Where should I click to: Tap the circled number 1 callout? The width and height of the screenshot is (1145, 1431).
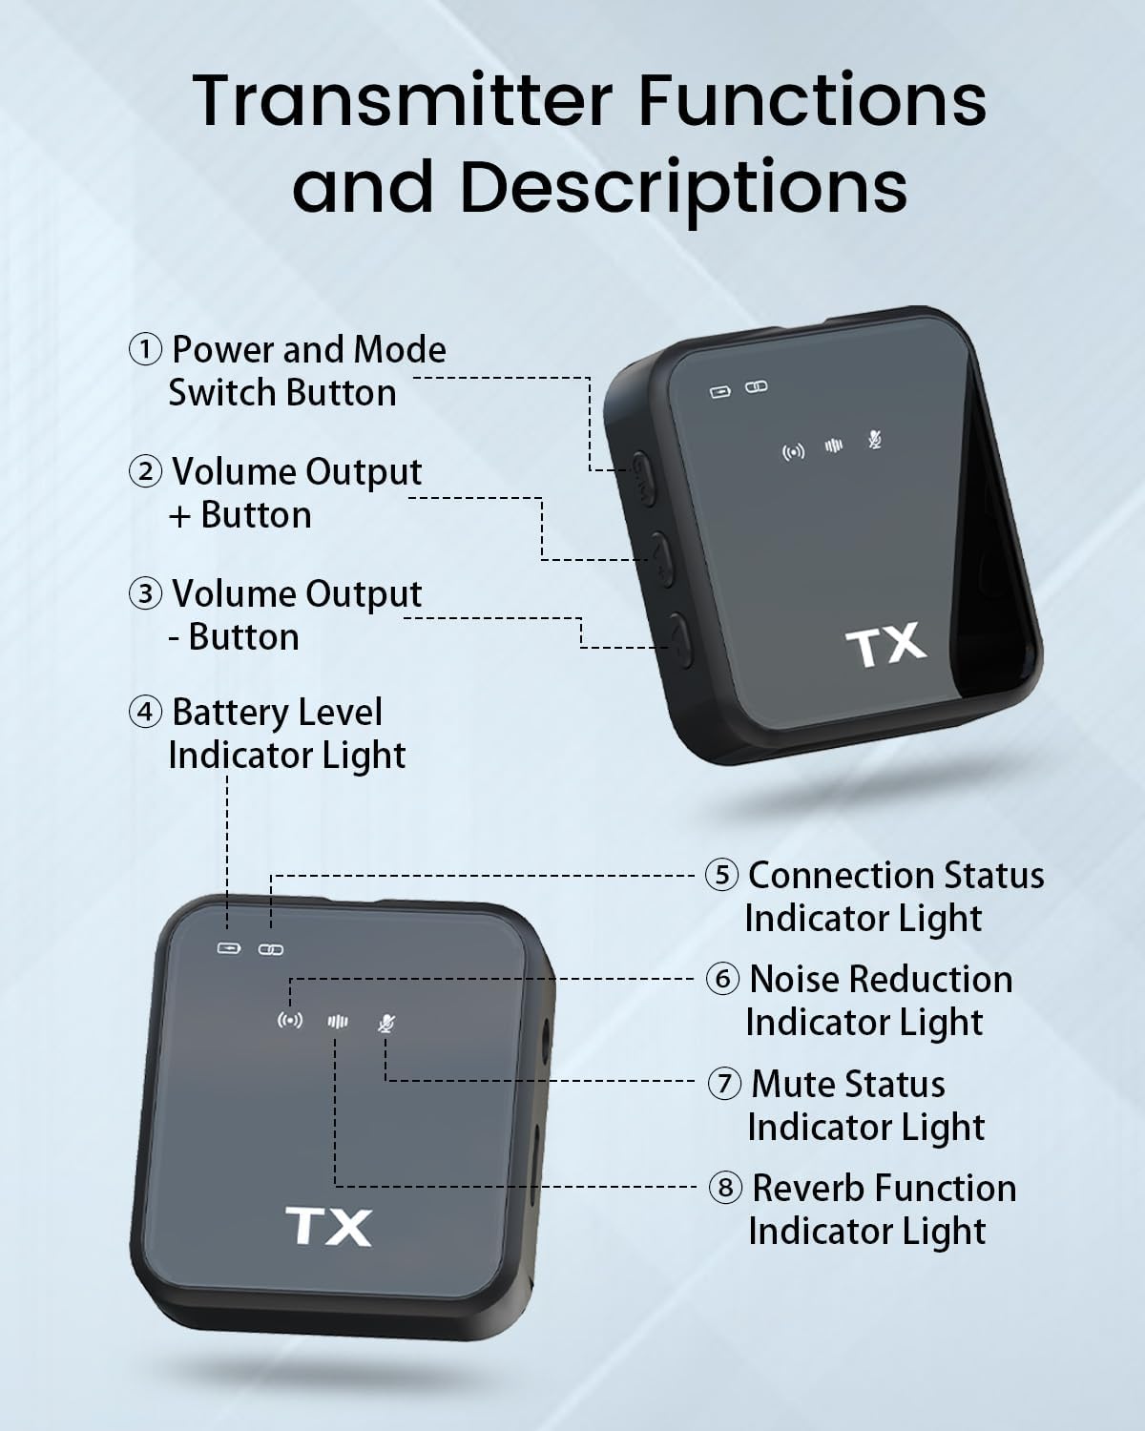[145, 349]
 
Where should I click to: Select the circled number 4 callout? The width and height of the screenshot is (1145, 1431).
[145, 712]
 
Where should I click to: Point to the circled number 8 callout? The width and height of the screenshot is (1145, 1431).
[725, 1188]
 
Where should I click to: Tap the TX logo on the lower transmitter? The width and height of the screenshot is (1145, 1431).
[328, 1227]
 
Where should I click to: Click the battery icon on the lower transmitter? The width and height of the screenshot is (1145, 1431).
[229, 948]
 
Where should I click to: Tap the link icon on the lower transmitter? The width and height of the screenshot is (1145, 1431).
[271, 949]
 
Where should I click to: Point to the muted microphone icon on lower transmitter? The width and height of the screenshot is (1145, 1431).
[385, 1023]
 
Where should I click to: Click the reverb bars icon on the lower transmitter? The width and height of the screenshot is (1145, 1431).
[338, 1022]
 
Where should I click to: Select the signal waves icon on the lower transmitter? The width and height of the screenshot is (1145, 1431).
[290, 1021]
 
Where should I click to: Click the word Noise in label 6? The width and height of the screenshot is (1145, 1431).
[794, 979]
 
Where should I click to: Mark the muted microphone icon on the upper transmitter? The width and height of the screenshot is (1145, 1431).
[875, 440]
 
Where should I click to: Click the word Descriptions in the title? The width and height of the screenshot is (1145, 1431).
[683, 185]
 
